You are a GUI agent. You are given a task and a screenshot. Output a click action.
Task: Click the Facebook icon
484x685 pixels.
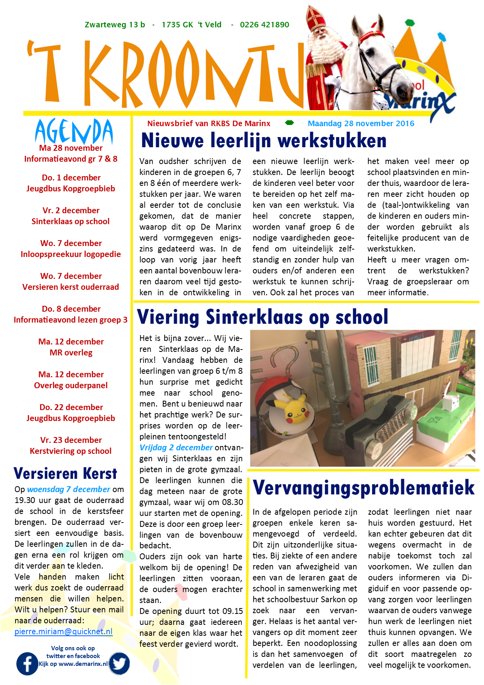point(27,664)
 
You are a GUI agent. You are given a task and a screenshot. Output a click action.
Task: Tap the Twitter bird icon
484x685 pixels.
point(119,663)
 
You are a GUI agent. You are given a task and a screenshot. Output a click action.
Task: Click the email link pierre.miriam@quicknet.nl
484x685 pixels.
point(64,631)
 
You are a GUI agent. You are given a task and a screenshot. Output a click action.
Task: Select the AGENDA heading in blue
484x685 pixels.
point(74,131)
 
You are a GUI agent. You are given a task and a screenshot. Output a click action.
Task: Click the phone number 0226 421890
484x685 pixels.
point(264,25)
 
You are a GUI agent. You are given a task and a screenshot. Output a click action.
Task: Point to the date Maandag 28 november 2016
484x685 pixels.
point(361,123)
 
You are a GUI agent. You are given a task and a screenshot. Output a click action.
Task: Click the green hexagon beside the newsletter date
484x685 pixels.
point(289,123)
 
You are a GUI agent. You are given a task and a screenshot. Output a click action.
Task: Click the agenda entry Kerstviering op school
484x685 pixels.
point(71,451)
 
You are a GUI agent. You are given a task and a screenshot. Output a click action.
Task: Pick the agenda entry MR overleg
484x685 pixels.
point(71,353)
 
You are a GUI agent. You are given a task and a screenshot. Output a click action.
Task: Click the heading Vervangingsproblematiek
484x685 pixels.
point(363,488)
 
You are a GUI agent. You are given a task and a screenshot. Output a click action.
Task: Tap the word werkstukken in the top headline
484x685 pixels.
point(332,141)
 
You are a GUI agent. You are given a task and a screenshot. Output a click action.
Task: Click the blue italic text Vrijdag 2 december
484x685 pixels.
point(176,448)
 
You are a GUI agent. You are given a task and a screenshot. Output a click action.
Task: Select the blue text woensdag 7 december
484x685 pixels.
point(69,489)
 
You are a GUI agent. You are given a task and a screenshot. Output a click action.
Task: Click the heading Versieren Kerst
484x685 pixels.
point(65,473)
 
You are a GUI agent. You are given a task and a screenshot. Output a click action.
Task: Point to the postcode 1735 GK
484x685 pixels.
point(177,25)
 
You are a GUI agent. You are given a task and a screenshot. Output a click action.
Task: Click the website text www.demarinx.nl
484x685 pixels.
point(83,664)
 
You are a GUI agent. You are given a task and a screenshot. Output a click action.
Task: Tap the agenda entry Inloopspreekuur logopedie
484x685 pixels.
point(71,254)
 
